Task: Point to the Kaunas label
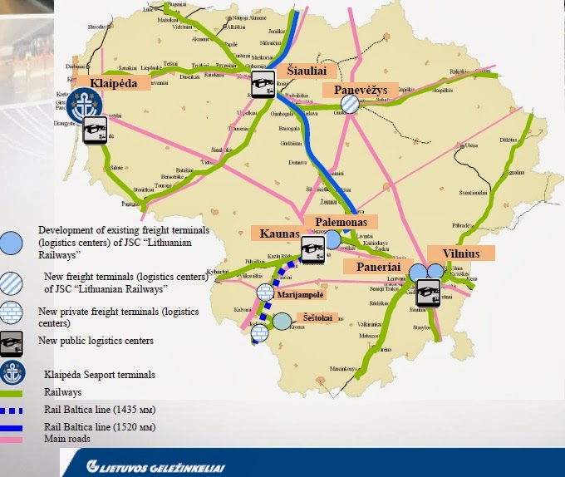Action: pos(278,234)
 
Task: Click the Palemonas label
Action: pos(341,222)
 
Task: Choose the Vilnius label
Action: pos(460,253)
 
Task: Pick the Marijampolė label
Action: pos(301,293)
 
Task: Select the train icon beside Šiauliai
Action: pos(263,84)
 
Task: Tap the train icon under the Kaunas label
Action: pos(312,248)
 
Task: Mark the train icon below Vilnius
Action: pos(428,293)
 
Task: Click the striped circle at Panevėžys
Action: pos(351,103)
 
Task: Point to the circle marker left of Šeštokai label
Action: pos(282,321)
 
